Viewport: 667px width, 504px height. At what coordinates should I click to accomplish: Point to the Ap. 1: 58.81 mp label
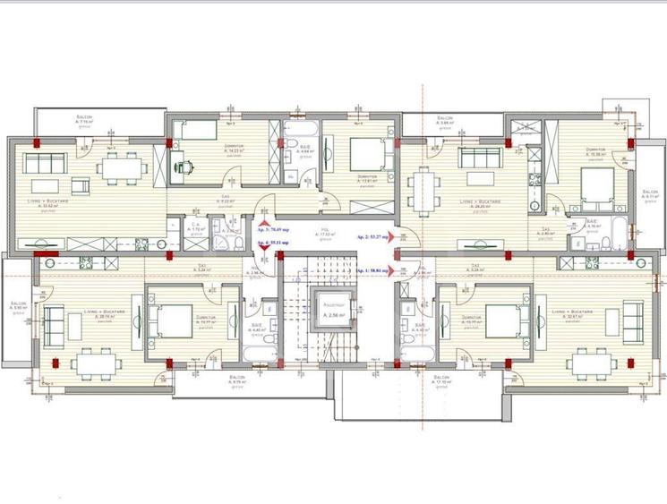(x=376, y=269)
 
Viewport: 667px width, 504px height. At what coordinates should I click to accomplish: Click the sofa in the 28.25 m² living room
(x=480, y=158)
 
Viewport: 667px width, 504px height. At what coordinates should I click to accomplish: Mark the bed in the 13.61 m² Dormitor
(x=366, y=155)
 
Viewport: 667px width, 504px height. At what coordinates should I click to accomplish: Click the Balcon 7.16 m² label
(x=85, y=121)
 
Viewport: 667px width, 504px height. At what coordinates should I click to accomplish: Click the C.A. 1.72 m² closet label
(x=196, y=229)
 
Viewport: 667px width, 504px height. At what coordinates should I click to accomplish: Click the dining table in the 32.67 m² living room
(x=594, y=362)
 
